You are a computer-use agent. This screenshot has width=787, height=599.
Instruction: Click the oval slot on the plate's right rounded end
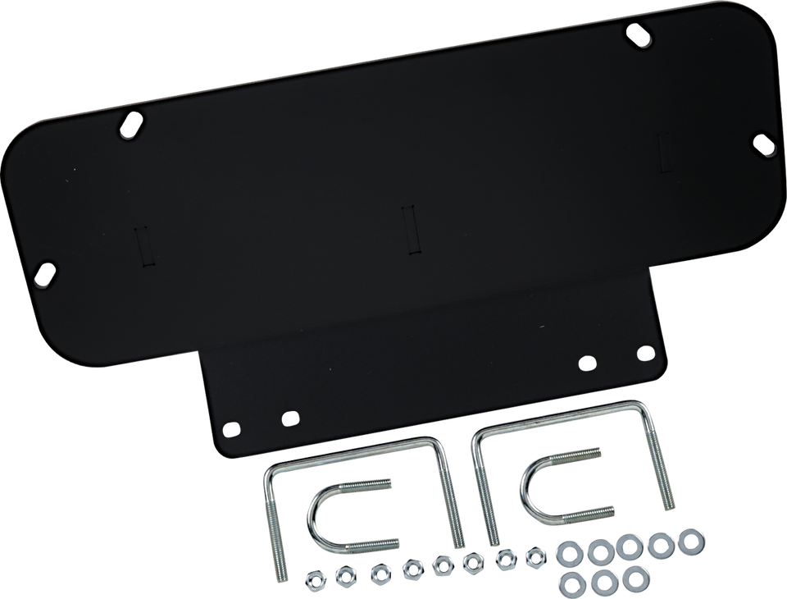[x=763, y=144]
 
